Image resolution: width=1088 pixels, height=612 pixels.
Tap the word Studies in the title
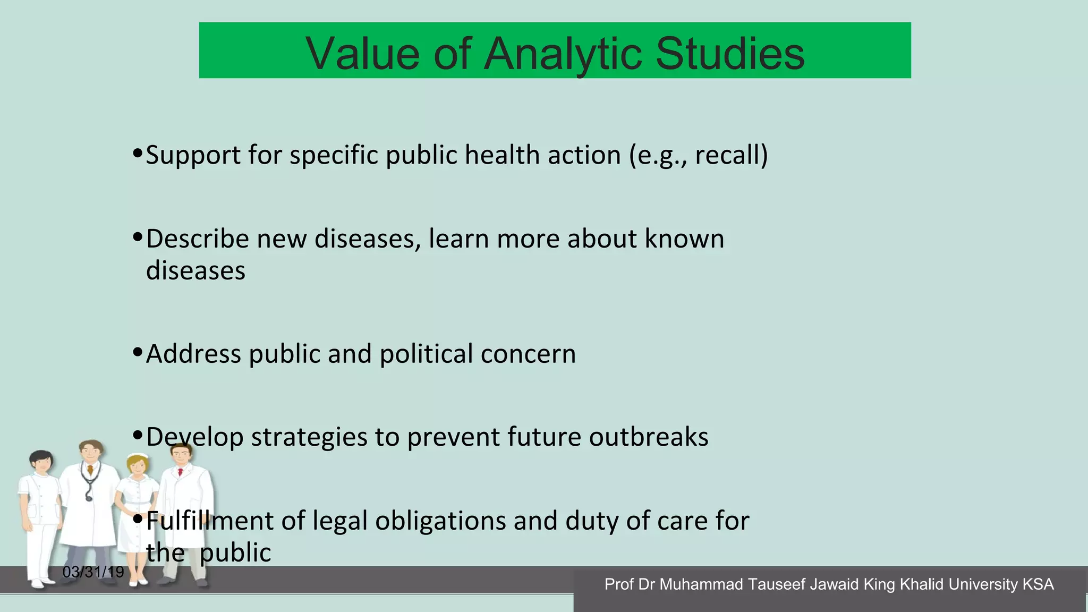[x=730, y=54]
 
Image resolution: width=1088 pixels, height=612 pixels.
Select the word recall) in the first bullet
[x=731, y=155]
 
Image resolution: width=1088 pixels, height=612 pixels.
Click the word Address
[x=193, y=354]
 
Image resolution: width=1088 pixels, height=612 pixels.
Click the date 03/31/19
[x=93, y=572]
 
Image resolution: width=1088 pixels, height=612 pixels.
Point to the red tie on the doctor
[x=180, y=471]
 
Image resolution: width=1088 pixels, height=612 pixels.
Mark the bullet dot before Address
[x=138, y=352]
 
